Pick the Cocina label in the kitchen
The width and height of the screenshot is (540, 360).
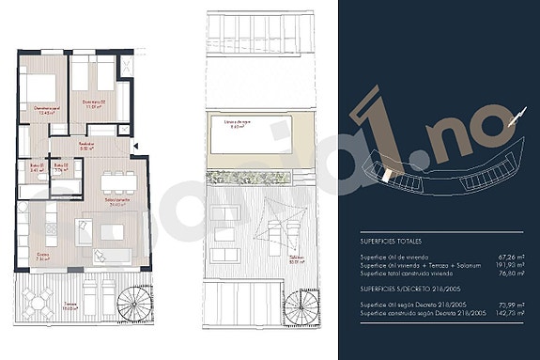click(x=43, y=255)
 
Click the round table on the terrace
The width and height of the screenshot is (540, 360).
click(x=37, y=302)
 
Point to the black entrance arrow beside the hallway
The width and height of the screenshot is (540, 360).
click(x=138, y=146)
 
